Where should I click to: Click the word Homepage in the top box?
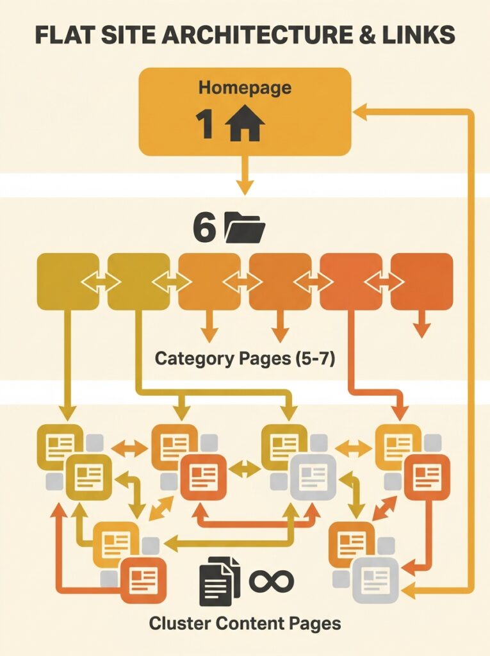(244, 87)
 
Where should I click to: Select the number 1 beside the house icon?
(205, 125)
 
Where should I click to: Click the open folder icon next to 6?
(245, 229)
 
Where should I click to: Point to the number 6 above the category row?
(204, 229)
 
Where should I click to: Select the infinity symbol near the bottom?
(271, 580)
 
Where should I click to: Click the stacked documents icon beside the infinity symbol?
(219, 581)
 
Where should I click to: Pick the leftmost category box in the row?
(68, 281)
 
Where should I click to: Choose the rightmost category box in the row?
(421, 281)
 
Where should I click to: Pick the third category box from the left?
(209, 281)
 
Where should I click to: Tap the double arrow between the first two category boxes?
(103, 281)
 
